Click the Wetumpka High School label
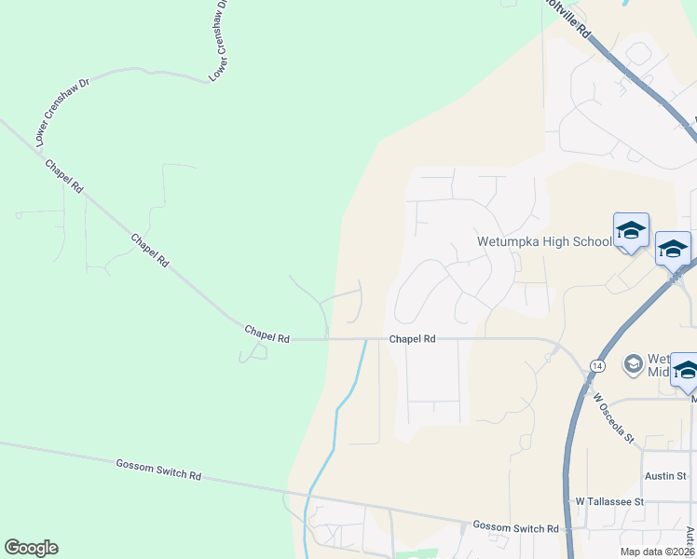coord(544,241)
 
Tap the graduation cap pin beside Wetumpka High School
coord(631,231)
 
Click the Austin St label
coord(665,475)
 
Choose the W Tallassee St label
coord(609,501)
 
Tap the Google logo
coord(31,548)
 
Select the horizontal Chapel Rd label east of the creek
coord(413,340)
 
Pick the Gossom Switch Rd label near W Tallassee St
coord(515,527)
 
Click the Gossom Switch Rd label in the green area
coord(158,469)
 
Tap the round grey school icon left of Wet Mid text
coord(634,362)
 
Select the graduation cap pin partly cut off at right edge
coord(686,370)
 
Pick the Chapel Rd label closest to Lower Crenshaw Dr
coord(64,175)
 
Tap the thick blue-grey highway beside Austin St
coord(568,475)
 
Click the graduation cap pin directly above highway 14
coord(673,249)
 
